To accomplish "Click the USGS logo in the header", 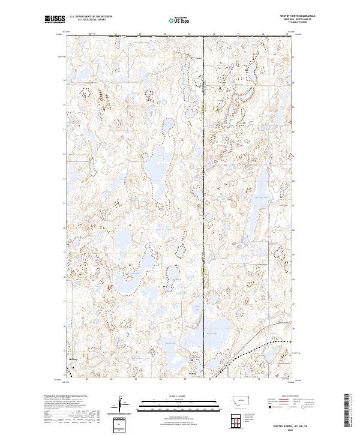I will coord(55,19).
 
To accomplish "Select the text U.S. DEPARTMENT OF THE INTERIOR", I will coord(91,17).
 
